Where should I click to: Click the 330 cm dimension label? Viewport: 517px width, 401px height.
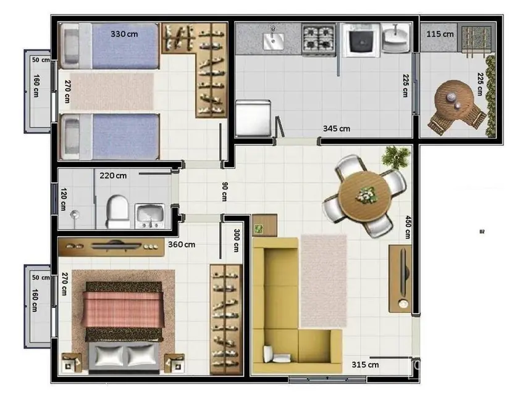[124, 34]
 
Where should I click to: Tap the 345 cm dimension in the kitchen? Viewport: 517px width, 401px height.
[336, 129]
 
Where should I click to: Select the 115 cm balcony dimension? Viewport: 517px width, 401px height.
[440, 34]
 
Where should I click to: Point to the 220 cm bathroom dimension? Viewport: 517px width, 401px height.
[113, 175]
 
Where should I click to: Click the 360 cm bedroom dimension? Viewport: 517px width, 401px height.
[182, 244]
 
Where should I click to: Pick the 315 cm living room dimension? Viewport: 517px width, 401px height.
[365, 365]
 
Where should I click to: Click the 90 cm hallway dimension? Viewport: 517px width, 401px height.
[224, 192]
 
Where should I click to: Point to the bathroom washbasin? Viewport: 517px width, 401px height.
[149, 215]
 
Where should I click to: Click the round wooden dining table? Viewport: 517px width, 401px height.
[366, 196]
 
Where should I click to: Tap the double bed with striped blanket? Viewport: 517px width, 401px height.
[125, 327]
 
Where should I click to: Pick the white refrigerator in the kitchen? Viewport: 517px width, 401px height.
[252, 118]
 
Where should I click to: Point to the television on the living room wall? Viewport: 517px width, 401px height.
[401, 278]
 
